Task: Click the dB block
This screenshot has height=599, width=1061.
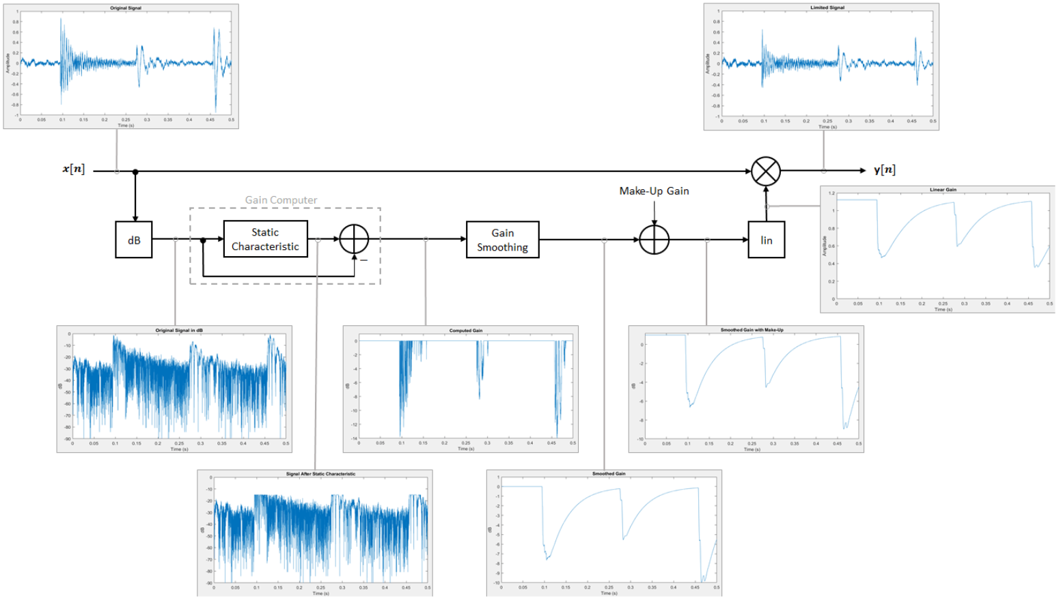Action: tap(134, 240)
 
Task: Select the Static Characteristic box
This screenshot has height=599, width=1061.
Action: tap(265, 239)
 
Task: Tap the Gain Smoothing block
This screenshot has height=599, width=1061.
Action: tap(502, 240)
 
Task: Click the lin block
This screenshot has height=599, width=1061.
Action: tap(766, 240)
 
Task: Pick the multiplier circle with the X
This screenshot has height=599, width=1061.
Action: tap(766, 171)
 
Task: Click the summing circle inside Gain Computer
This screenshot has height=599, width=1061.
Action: tap(354, 239)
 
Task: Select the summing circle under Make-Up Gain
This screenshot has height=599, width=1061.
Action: tap(654, 240)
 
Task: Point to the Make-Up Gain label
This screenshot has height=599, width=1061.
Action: tap(654, 191)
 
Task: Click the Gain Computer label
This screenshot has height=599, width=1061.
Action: tap(281, 200)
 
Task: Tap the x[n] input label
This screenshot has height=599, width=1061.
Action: tap(74, 169)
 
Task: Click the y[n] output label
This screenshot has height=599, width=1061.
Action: tap(884, 170)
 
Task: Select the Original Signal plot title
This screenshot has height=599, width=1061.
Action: tap(126, 8)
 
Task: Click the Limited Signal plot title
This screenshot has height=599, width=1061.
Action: tap(827, 8)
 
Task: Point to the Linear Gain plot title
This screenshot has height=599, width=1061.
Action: tap(943, 190)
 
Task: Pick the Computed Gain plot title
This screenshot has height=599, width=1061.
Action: tap(465, 331)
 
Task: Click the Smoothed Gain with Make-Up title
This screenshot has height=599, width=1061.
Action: tap(752, 330)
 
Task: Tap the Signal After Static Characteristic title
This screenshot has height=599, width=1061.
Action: tap(320, 474)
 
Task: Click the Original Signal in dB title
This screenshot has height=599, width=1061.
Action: tap(179, 331)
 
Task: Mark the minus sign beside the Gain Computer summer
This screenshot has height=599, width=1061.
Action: tap(364, 260)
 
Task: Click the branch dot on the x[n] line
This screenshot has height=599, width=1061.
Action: tap(135, 171)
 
